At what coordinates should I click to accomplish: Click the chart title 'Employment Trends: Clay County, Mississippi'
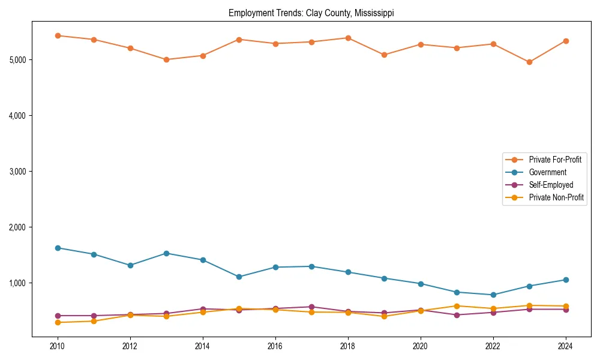click(x=311, y=13)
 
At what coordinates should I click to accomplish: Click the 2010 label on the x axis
click(x=58, y=347)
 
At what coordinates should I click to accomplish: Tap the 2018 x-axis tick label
click(x=347, y=347)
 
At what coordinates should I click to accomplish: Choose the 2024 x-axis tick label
click(x=565, y=347)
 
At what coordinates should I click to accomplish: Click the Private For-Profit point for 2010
click(x=58, y=35)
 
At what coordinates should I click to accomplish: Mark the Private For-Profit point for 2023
click(x=529, y=62)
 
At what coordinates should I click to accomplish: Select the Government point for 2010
click(x=58, y=248)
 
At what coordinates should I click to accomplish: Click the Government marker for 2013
click(x=166, y=253)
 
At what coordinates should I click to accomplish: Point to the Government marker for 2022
click(x=493, y=295)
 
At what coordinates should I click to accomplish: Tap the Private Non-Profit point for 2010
click(x=58, y=322)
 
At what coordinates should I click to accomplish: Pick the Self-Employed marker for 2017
click(x=311, y=307)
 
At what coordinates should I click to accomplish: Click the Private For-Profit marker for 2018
click(x=348, y=38)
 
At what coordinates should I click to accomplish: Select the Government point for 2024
click(x=565, y=280)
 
